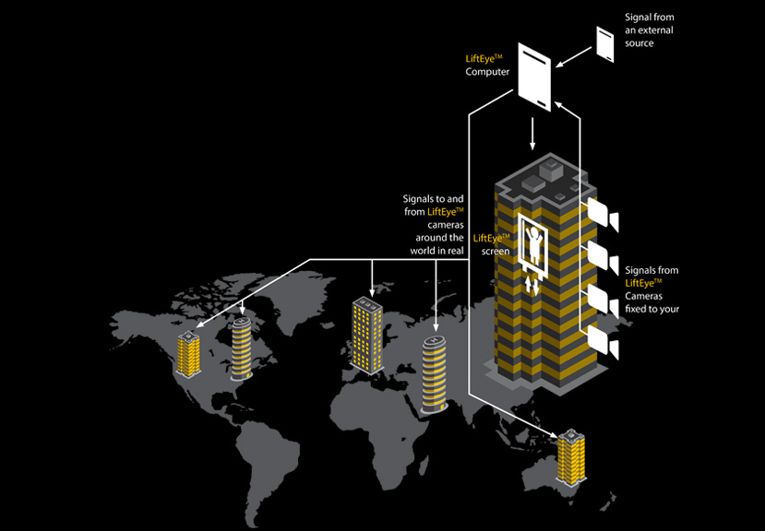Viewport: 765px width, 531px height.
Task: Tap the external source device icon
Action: click(605, 43)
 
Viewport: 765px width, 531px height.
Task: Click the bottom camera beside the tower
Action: click(602, 345)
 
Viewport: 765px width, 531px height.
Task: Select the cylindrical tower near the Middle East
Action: click(434, 372)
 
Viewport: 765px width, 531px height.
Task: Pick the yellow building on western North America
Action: click(189, 354)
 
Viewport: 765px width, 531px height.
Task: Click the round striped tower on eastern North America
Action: click(241, 347)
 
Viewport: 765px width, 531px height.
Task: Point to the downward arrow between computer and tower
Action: click(532, 136)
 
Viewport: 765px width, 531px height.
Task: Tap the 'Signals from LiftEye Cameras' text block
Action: click(652, 289)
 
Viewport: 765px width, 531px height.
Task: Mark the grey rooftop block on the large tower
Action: click(551, 170)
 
